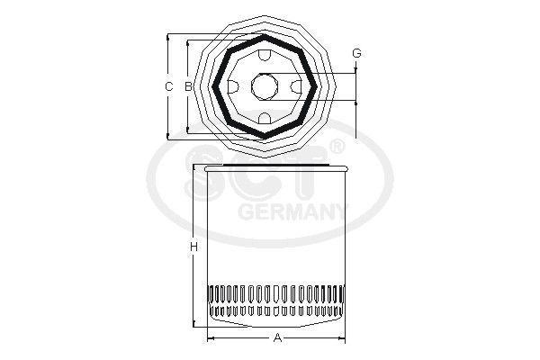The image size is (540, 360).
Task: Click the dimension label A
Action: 277,337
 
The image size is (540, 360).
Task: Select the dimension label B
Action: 187,86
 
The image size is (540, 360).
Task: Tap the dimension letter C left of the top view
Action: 168,86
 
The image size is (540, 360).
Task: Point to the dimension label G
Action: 356,54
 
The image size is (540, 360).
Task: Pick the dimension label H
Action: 193,247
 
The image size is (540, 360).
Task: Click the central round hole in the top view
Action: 265,86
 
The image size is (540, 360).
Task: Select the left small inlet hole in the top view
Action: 232,86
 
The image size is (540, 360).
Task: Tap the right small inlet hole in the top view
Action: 297,86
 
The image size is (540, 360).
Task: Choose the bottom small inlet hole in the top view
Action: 265,118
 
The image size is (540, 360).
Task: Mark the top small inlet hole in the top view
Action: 265,56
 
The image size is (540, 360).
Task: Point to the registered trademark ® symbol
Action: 337,147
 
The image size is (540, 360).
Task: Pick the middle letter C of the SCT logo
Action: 261,178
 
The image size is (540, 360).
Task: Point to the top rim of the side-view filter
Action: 276,168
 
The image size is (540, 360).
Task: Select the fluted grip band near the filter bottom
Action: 276,301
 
